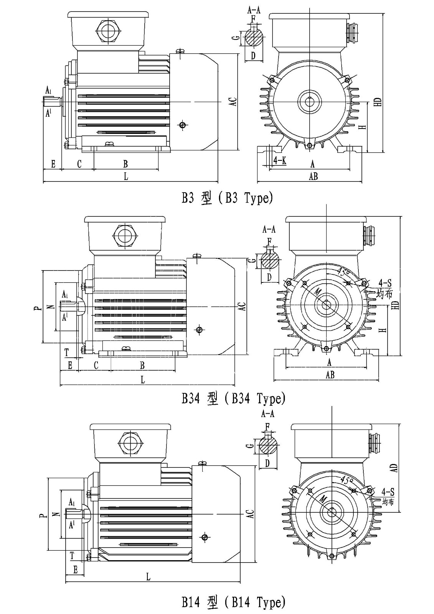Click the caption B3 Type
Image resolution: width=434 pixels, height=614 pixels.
[x=227, y=198]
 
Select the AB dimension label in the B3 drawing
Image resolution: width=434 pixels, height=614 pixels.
[x=313, y=176]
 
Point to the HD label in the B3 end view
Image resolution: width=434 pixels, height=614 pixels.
[x=378, y=102]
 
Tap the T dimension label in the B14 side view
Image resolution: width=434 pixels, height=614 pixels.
[x=72, y=555]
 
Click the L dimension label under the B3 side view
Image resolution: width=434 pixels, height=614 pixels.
[x=126, y=176]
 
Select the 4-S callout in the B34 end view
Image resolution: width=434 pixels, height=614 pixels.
[x=384, y=283]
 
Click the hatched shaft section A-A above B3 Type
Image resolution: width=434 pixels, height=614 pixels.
[x=253, y=38]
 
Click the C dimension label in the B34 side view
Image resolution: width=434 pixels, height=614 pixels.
[x=96, y=365]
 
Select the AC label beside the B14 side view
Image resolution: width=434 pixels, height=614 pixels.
[x=250, y=514]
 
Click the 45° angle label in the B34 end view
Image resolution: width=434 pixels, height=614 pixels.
[x=344, y=273]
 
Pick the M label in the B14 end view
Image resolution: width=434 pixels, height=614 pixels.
[x=323, y=499]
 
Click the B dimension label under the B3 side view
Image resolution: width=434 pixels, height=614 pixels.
[x=125, y=164]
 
